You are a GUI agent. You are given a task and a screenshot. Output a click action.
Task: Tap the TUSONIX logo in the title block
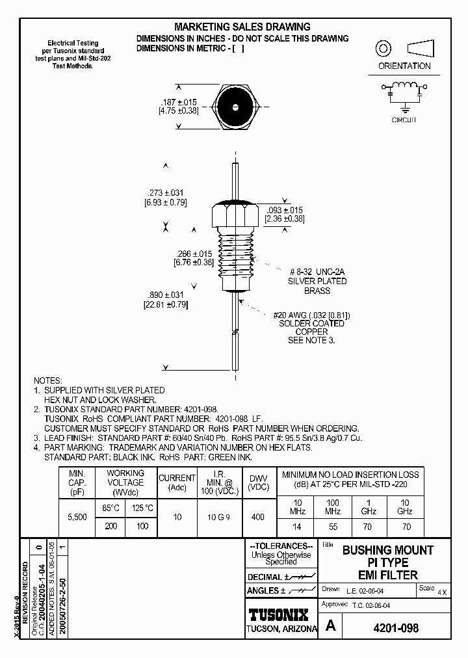point(281,614)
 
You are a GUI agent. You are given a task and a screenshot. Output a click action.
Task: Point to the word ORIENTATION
point(404,66)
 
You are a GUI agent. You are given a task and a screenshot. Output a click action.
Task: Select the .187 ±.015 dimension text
point(178,102)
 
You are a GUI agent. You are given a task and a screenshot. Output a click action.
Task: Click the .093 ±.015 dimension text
point(285,210)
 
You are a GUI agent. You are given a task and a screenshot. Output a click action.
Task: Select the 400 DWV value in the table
point(257,517)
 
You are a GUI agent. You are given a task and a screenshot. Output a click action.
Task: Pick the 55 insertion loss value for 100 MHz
point(333,526)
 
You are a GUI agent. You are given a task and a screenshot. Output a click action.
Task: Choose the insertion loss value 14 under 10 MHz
point(296,526)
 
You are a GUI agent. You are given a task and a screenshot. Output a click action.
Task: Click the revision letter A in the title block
point(331,626)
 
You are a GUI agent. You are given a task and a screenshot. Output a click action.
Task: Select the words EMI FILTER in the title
point(387,574)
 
